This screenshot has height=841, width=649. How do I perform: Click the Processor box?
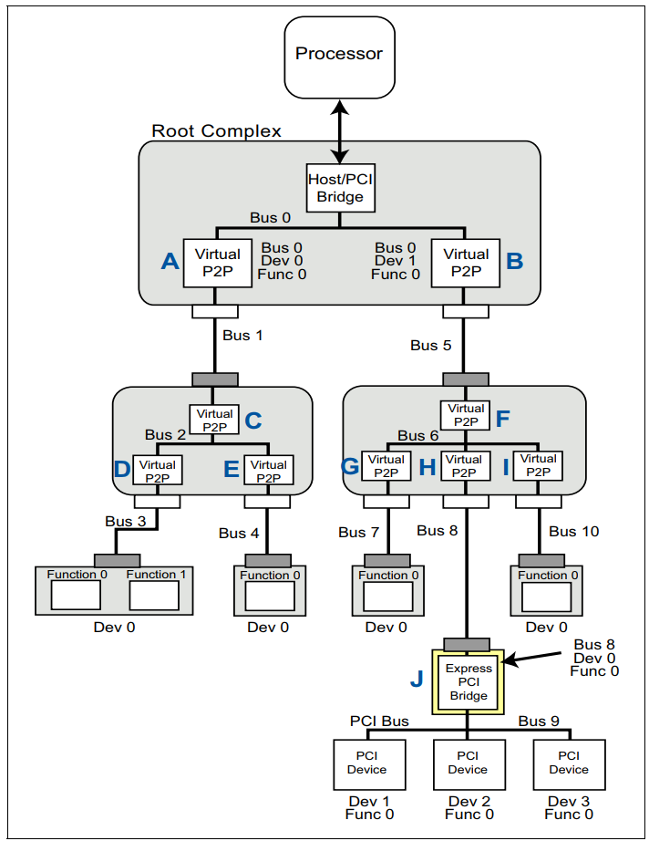coord(339,57)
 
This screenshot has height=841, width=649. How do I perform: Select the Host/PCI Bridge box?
coord(340,188)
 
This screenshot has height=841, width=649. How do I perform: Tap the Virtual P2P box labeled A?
coord(218,263)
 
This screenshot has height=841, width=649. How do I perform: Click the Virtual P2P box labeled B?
coord(466,263)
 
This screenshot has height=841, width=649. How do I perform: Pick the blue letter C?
coord(253,421)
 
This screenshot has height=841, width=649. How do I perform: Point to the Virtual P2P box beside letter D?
coord(157,470)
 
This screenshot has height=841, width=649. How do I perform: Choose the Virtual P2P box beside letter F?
coord(465,415)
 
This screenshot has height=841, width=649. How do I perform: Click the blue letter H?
coord(428,467)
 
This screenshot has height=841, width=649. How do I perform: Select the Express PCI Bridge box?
coord(468,681)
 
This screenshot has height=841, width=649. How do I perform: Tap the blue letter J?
coord(417,679)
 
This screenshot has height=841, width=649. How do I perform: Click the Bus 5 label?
coord(431,346)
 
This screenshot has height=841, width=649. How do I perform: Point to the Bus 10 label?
coord(574,532)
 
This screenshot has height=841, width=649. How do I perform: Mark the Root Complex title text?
coord(217,130)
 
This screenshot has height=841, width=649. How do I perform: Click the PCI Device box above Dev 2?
coord(469,765)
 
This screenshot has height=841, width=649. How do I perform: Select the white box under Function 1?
coord(154,596)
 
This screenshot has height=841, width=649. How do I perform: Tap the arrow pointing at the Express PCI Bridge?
coord(532,658)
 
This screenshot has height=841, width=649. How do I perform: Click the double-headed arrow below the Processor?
coord(340,131)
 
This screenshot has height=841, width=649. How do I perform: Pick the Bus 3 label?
coord(126,522)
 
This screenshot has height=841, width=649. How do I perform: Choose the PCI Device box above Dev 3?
coord(569,765)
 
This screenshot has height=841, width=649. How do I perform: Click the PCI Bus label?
coord(379,722)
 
